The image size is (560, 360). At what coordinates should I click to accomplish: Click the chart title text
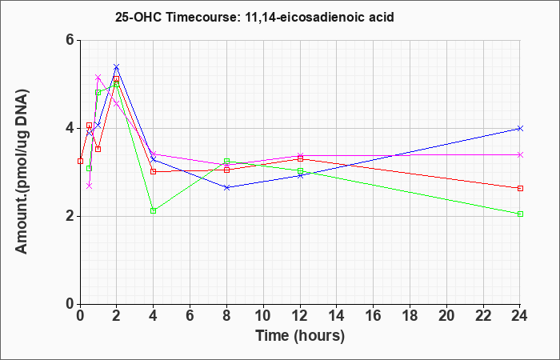tap(254, 17)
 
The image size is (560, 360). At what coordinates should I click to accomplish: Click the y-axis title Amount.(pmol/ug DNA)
tap(22, 171)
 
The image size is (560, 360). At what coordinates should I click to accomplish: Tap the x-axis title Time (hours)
tap(300, 337)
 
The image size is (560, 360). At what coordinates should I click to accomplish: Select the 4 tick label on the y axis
tap(71, 128)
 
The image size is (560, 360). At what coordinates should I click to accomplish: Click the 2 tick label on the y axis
tap(71, 216)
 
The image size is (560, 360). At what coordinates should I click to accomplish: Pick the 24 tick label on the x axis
tap(519, 316)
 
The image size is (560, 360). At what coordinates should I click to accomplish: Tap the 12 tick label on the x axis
tap(300, 316)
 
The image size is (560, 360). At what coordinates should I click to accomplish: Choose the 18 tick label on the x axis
tap(410, 316)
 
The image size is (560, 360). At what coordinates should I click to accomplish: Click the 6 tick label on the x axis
tap(190, 316)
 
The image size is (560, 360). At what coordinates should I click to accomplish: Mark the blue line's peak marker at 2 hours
tap(116, 66)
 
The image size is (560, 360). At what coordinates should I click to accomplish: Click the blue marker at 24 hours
tap(520, 128)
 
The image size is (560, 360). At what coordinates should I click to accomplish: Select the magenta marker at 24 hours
tap(520, 154)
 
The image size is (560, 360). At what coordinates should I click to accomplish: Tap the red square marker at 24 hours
tap(520, 188)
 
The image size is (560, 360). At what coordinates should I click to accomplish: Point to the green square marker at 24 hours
tap(520, 214)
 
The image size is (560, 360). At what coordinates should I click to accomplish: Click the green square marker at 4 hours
tap(154, 210)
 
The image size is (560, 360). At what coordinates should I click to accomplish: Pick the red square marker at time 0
tap(80, 161)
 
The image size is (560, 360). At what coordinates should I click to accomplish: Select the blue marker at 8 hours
tap(226, 187)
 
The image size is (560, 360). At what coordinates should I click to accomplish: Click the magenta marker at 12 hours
tap(300, 156)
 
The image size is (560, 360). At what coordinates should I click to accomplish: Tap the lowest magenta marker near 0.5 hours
tap(90, 186)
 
